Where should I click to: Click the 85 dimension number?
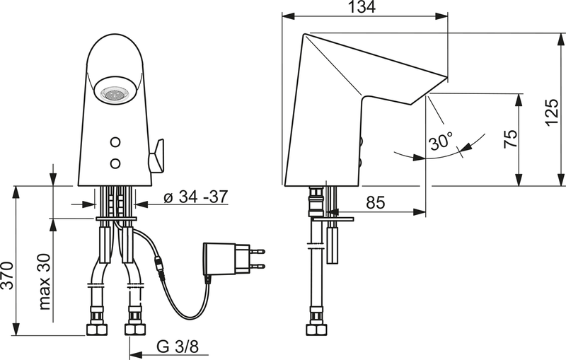(x=375, y=203)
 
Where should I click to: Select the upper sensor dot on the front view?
(x=115, y=141)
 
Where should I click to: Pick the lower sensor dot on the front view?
(x=115, y=163)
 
